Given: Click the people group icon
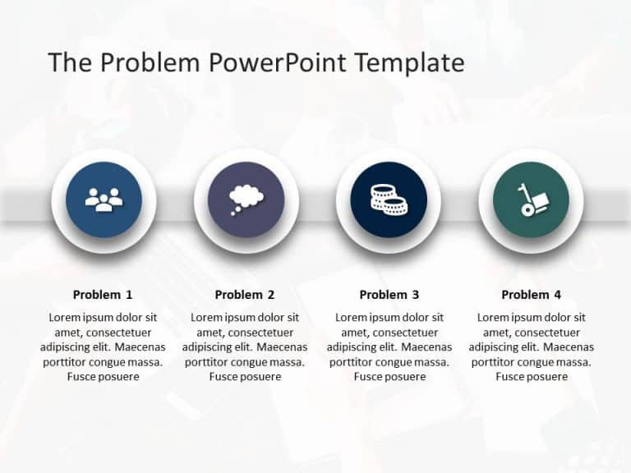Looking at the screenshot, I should click(104, 200).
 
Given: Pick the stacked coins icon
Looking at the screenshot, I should click(388, 200).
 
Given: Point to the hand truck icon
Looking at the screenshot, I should click(530, 200).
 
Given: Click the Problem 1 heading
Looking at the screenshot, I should click(103, 295).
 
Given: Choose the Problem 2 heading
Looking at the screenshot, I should click(245, 295).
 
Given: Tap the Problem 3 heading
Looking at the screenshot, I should click(389, 295).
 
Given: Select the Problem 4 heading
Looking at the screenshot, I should click(532, 295).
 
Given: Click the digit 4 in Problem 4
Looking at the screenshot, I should click(558, 295).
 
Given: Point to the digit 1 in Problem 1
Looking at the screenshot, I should click(129, 295).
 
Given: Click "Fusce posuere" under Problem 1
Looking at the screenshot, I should click(103, 377).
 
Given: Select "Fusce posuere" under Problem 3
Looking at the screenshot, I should click(389, 377).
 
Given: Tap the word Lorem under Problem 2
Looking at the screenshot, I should click(208, 318).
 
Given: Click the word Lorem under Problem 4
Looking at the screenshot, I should click(495, 318).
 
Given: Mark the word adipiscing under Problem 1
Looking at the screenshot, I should click(68, 347).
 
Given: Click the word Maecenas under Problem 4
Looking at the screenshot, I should click(565, 347).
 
